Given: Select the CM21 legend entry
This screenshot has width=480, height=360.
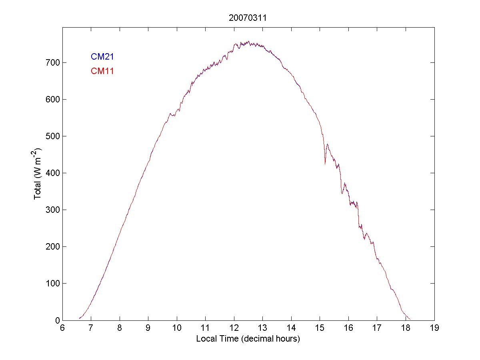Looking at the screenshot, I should pyautogui.click(x=102, y=57).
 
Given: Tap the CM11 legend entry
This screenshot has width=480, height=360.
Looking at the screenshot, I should pyautogui.click(x=102, y=72).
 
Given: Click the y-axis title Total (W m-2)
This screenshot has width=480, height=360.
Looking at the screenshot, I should pyautogui.click(x=38, y=173).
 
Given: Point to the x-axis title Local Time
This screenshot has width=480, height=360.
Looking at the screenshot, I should pyautogui.click(x=248, y=339).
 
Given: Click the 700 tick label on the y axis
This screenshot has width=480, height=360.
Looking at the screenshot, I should pyautogui.click(x=53, y=63).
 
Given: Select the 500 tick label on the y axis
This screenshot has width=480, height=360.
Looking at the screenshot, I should pyautogui.click(x=53, y=136).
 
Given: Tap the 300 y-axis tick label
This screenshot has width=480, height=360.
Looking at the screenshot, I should pyautogui.click(x=53, y=210).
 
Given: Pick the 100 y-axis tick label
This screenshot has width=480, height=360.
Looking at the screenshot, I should pyautogui.click(x=53, y=284).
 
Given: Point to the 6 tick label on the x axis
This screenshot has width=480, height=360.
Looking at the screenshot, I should pyautogui.click(x=62, y=328).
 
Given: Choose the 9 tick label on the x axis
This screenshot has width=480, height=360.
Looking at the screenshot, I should pyautogui.click(x=148, y=328).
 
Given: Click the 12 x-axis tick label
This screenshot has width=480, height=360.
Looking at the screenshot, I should pyautogui.click(x=234, y=328).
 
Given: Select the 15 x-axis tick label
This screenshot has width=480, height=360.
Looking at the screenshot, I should pyautogui.click(x=320, y=328).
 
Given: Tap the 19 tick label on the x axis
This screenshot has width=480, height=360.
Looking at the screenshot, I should pyautogui.click(x=434, y=328).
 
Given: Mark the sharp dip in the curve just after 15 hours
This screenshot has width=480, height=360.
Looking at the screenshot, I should pyautogui.click(x=325, y=163).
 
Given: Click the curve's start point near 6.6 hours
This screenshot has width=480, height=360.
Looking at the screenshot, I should pyautogui.click(x=80, y=318).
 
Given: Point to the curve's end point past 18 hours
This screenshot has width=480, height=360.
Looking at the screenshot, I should pyautogui.click(x=410, y=319).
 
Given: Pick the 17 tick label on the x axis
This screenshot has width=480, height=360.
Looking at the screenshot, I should pyautogui.click(x=377, y=328).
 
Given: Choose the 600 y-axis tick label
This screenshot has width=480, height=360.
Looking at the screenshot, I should pyautogui.click(x=53, y=100).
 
